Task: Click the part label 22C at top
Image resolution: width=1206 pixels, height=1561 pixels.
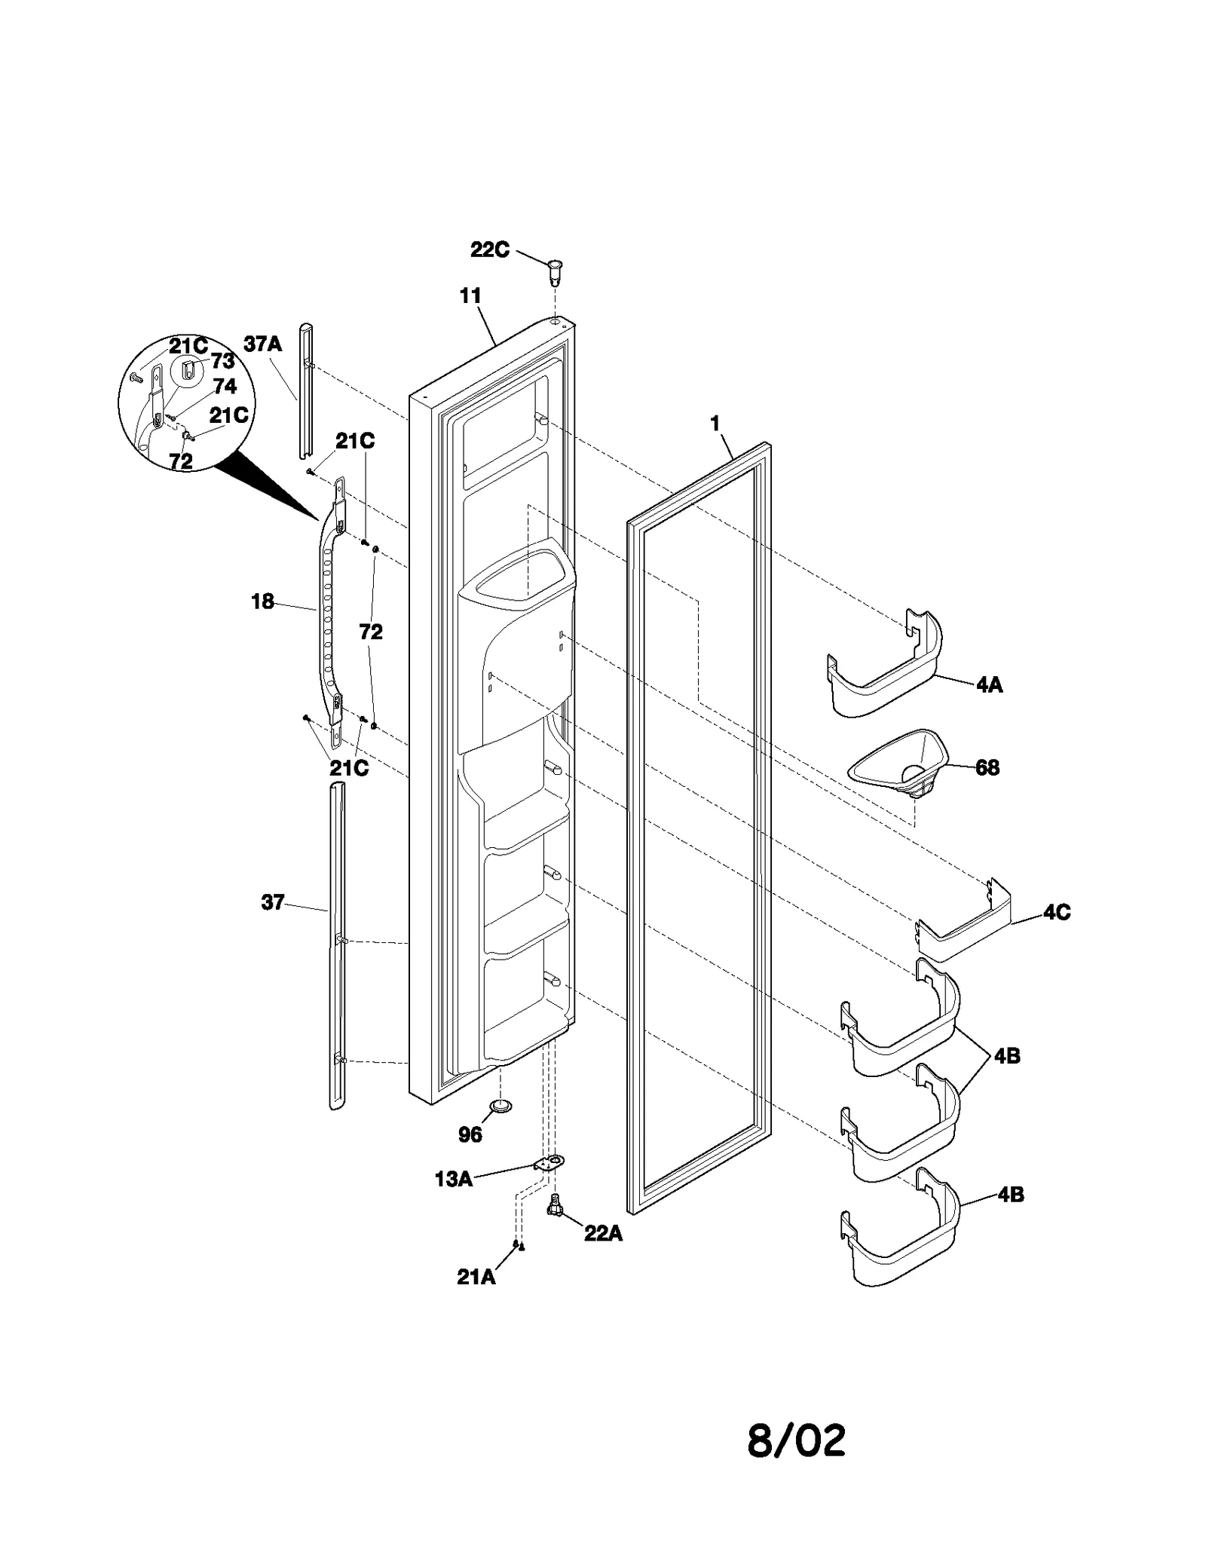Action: pos(490,249)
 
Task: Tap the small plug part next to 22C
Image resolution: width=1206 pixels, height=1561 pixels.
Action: pos(556,271)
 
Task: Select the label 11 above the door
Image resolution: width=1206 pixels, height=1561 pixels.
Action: pos(470,296)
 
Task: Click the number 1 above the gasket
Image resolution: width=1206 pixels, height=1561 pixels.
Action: pos(715,424)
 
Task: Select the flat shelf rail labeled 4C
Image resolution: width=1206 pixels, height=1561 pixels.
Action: pos(965,925)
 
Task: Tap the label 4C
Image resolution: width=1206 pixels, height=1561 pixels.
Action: pos(1057,912)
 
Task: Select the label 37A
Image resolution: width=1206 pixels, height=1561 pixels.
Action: pos(262,344)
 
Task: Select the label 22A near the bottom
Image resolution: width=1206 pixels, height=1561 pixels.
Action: pos(603,1234)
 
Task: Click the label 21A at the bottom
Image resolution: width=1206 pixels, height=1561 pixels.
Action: pos(476,1277)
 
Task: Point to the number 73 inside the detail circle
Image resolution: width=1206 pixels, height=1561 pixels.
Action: pos(222,361)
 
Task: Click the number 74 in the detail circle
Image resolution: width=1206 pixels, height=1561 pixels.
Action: pos(225,387)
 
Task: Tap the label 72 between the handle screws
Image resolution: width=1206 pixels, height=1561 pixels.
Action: pos(371,632)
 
